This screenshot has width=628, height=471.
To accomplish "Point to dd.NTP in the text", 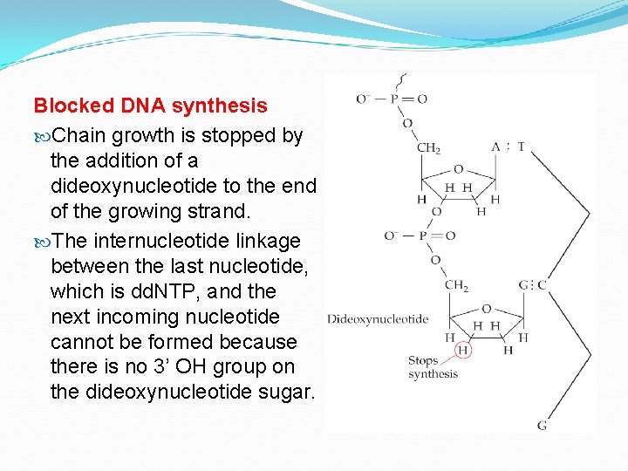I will [x=151, y=291].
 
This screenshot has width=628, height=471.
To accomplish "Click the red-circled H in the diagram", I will [x=463, y=350].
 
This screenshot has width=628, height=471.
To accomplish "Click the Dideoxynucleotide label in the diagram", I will [x=377, y=319].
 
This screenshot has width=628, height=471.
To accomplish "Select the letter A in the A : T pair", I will [x=495, y=147].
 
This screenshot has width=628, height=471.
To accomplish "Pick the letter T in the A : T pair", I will [x=521, y=147].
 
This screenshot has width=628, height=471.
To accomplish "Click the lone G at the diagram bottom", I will [x=542, y=425].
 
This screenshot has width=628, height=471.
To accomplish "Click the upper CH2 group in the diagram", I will [x=429, y=148].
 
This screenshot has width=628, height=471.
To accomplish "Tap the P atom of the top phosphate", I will [x=394, y=99].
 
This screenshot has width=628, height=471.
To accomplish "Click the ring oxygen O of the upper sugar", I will [x=459, y=169].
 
